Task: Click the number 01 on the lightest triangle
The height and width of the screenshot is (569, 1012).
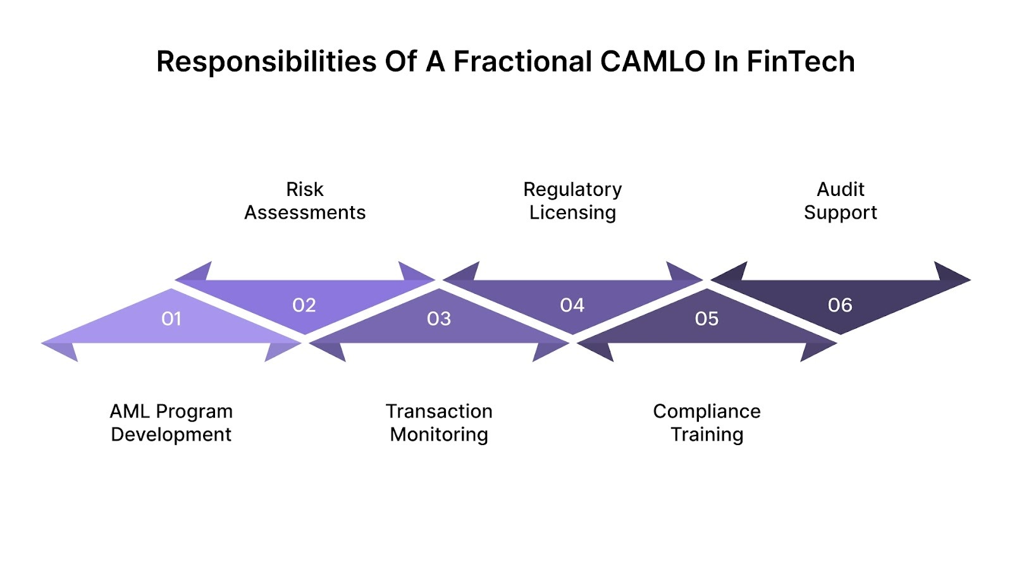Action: point(171,319)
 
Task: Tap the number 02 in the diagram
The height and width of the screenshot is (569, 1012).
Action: point(304,305)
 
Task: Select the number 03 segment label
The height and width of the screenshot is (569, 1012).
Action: point(439,319)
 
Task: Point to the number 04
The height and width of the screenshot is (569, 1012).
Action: point(572,305)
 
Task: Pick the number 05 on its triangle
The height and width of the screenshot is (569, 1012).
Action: point(707,319)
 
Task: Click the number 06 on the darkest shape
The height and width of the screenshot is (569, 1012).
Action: point(840,305)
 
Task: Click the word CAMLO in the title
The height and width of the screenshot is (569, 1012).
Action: point(652,62)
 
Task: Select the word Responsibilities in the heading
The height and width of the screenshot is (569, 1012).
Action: point(266,62)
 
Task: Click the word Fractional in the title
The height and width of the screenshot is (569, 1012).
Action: point(522,62)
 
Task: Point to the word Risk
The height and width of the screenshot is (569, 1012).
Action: point(304,189)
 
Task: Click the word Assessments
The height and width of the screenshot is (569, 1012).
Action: point(305,212)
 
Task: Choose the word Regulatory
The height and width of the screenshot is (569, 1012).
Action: point(572,189)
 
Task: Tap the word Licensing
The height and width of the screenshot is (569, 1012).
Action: point(572,212)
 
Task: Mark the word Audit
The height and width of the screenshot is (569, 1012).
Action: point(840,189)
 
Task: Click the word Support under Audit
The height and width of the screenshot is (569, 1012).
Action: point(840,212)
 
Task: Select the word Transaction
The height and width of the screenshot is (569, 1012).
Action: point(439,412)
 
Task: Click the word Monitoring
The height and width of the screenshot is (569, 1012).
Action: point(439,435)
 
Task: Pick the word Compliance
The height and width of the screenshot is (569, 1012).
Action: point(707,412)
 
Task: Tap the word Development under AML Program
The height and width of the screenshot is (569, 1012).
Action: point(171,435)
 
